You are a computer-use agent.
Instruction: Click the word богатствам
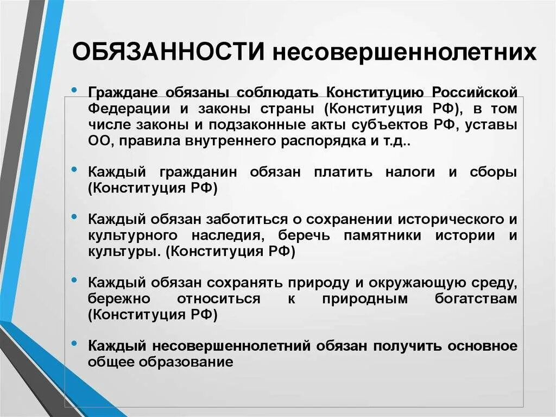coord(476,298)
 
